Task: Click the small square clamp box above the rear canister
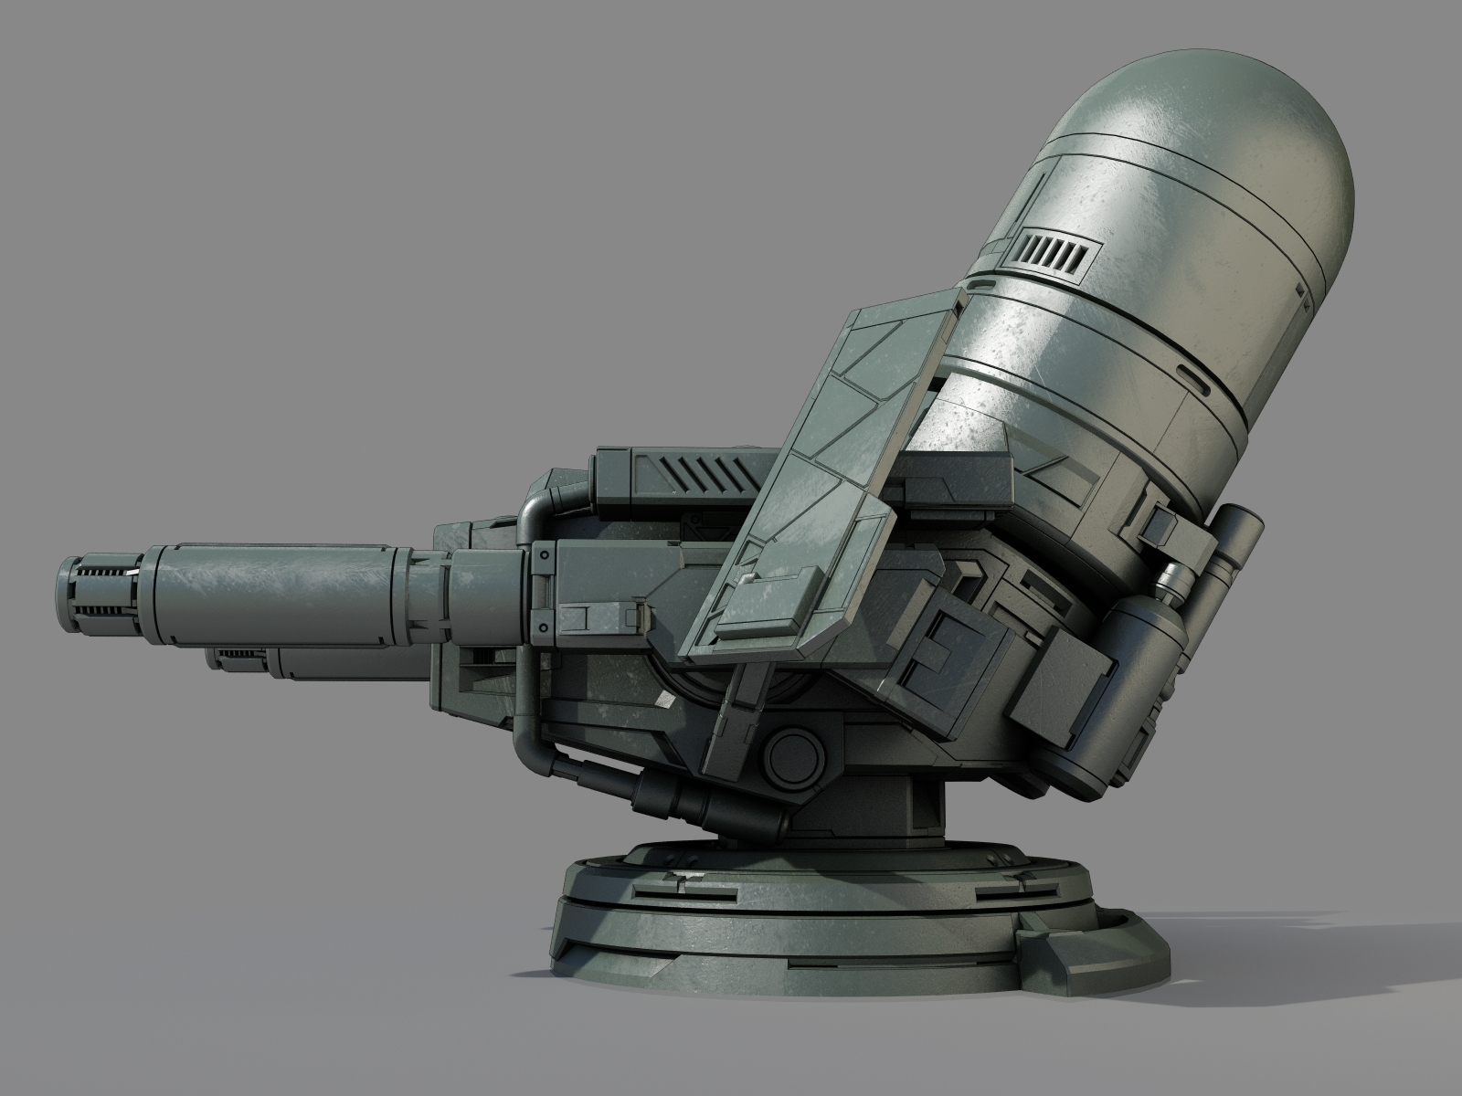(1161, 523)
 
